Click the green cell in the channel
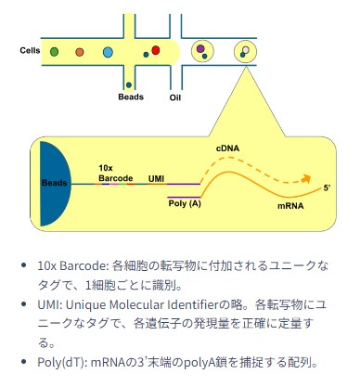click(54, 52)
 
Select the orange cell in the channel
click(80, 52)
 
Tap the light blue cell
click(108, 52)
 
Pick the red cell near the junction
click(156, 50)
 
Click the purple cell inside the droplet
click(200, 48)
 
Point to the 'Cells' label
click(30, 50)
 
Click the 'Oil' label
click(174, 97)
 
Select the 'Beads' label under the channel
click(131, 97)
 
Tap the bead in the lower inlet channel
click(129, 84)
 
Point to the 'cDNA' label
click(227, 148)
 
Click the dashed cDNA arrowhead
click(306, 178)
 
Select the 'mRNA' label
click(290, 206)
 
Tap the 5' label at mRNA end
click(327, 188)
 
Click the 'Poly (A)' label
click(185, 204)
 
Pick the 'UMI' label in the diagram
click(156, 179)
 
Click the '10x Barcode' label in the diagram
click(116, 174)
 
